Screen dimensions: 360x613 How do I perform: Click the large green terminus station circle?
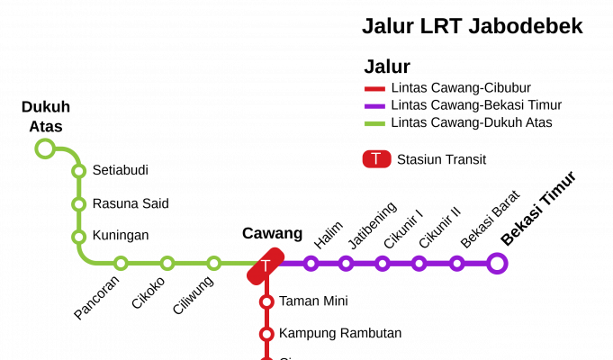[45, 148]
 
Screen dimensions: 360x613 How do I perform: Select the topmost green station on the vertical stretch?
[79, 171]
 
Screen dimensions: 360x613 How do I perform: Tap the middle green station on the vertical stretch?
[79, 204]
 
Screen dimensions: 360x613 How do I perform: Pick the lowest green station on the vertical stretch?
[79, 237]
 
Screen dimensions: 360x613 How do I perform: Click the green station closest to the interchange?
[213, 263]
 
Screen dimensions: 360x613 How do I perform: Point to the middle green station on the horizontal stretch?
[167, 263]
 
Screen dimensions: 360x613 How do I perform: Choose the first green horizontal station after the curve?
[121, 263]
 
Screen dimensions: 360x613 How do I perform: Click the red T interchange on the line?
[266, 265]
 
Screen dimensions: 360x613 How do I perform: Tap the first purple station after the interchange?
[311, 263]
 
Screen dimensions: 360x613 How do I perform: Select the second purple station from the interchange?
[346, 263]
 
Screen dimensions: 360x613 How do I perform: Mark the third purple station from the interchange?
[383, 263]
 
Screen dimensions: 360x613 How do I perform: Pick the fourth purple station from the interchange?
[419, 263]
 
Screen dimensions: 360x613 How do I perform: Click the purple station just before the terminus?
[456, 263]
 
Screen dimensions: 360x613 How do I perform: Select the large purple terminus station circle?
[497, 263]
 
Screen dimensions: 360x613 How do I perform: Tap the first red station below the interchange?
[266, 301]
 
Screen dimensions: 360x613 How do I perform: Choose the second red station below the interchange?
[266, 334]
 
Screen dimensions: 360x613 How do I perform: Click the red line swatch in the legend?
[374, 89]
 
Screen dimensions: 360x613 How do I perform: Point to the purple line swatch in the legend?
[374, 106]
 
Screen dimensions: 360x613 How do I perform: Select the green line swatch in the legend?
[374, 123]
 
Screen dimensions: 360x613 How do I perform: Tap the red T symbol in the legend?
[376, 158]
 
